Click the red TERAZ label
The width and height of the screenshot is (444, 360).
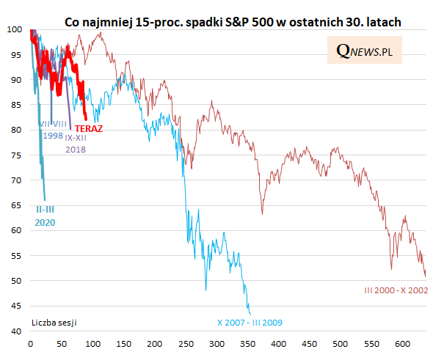[x=88, y=128]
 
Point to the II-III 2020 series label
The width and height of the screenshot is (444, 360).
[x=46, y=216]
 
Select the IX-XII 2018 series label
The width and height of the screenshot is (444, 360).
[x=76, y=143]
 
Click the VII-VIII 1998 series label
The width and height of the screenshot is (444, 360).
[x=53, y=130]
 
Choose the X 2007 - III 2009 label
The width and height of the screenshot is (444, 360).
[x=250, y=322]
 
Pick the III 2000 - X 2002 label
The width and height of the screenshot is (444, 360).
[x=396, y=290]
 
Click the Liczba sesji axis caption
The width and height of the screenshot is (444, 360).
[x=55, y=322]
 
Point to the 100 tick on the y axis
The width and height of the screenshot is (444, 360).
[x=14, y=29]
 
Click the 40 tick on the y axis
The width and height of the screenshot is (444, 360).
[x=16, y=331]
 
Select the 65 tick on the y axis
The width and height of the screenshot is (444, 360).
[x=16, y=205]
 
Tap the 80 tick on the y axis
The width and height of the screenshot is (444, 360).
[x=16, y=130]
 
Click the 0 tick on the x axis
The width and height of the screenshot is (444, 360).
[x=30, y=343]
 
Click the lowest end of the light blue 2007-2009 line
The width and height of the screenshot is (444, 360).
[x=250, y=315]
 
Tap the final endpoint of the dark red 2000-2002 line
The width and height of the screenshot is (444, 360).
[x=426, y=276]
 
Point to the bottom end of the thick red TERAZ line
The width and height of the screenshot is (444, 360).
[x=87, y=119]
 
